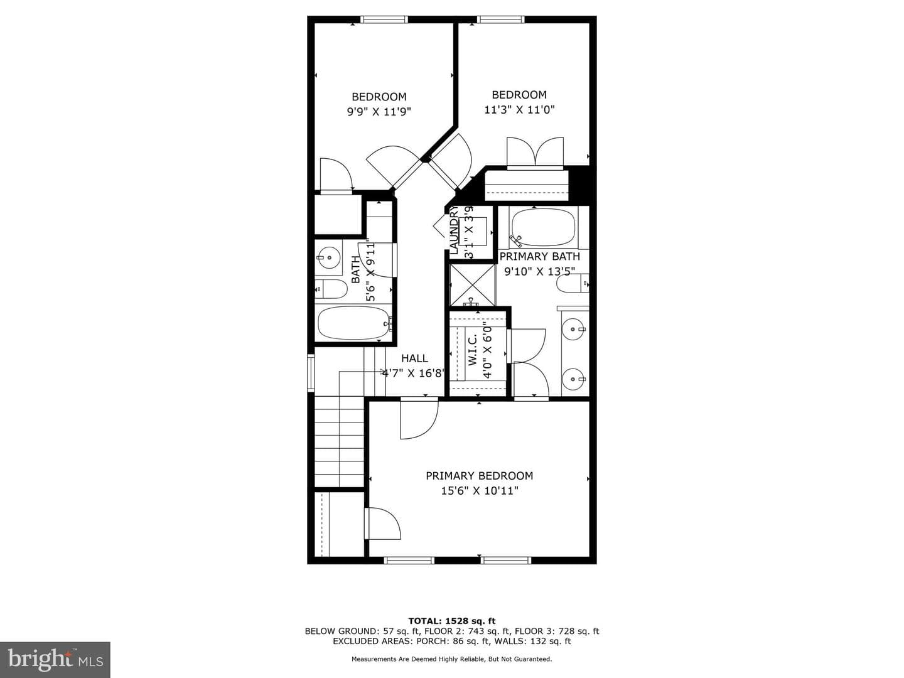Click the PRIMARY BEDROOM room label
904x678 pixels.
tap(479, 476)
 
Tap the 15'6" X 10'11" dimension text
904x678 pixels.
tap(480, 491)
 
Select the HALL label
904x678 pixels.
tap(414, 358)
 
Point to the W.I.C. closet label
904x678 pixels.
tap(472, 350)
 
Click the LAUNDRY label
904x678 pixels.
tap(453, 230)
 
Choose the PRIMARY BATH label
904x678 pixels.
tap(539, 257)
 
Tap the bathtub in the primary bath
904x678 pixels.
tap(543, 227)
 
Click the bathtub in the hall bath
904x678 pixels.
tap(354, 323)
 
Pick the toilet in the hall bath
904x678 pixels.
tap(331, 289)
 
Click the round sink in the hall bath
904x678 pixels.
tap(329, 257)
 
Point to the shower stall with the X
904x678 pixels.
tap(472, 285)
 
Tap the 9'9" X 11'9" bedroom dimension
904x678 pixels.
tap(379, 112)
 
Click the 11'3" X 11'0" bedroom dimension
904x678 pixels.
tap(519, 109)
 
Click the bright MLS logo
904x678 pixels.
tap(55, 660)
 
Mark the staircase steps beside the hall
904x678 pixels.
tap(340, 441)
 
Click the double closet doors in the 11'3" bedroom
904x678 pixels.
tap(535, 153)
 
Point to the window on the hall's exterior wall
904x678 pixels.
tap(311, 373)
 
